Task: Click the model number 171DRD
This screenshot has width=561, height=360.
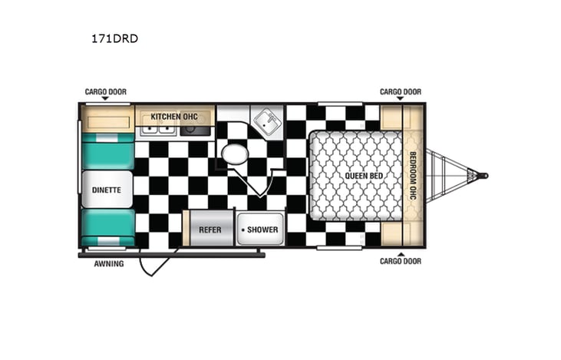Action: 120,38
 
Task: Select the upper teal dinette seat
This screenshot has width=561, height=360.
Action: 107,150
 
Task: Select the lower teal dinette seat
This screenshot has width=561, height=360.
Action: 107,226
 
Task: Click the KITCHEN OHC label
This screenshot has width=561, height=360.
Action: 173,117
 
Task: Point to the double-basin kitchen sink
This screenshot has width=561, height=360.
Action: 157,130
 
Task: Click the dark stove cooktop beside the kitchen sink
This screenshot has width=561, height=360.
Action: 195,130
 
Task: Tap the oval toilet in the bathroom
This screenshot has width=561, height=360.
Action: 234,155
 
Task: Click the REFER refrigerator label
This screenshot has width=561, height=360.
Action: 210,230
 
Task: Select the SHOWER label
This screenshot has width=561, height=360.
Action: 262,230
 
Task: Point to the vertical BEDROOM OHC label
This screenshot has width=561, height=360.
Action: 413,176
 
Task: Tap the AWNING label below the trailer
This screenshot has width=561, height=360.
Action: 109,264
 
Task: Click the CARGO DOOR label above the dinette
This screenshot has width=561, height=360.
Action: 105,92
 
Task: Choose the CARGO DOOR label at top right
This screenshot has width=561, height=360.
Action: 400,92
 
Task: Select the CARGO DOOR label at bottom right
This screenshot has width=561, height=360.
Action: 400,261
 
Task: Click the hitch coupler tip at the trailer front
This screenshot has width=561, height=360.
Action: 483,176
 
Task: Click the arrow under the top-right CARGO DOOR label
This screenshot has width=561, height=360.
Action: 400,101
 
